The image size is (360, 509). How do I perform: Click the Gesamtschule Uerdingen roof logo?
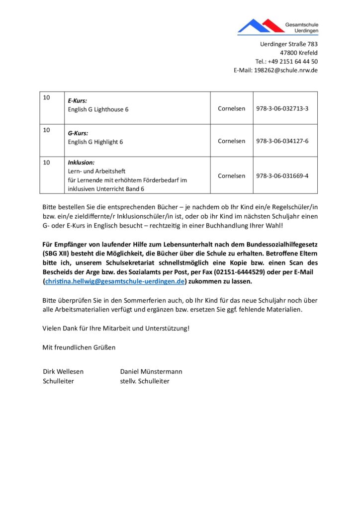point(261,26)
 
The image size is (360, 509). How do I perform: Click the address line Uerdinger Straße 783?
point(288,44)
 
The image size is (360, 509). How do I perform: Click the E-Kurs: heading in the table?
point(78,100)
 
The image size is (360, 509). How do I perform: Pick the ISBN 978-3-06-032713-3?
point(282,108)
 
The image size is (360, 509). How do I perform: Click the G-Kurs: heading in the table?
point(78,133)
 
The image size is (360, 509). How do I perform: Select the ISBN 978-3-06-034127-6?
point(282,141)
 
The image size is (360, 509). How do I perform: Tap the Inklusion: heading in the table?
point(81,163)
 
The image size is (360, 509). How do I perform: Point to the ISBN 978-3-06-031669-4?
point(282,175)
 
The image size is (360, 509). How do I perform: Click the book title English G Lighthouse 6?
point(98,109)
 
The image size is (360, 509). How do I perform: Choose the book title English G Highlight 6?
point(95,142)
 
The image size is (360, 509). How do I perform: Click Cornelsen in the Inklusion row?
point(231,175)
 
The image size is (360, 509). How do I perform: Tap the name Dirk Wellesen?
point(63,371)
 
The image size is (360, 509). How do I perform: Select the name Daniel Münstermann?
point(151,371)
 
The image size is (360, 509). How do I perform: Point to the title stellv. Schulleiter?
point(145,381)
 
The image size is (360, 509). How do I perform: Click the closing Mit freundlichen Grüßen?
point(79,347)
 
